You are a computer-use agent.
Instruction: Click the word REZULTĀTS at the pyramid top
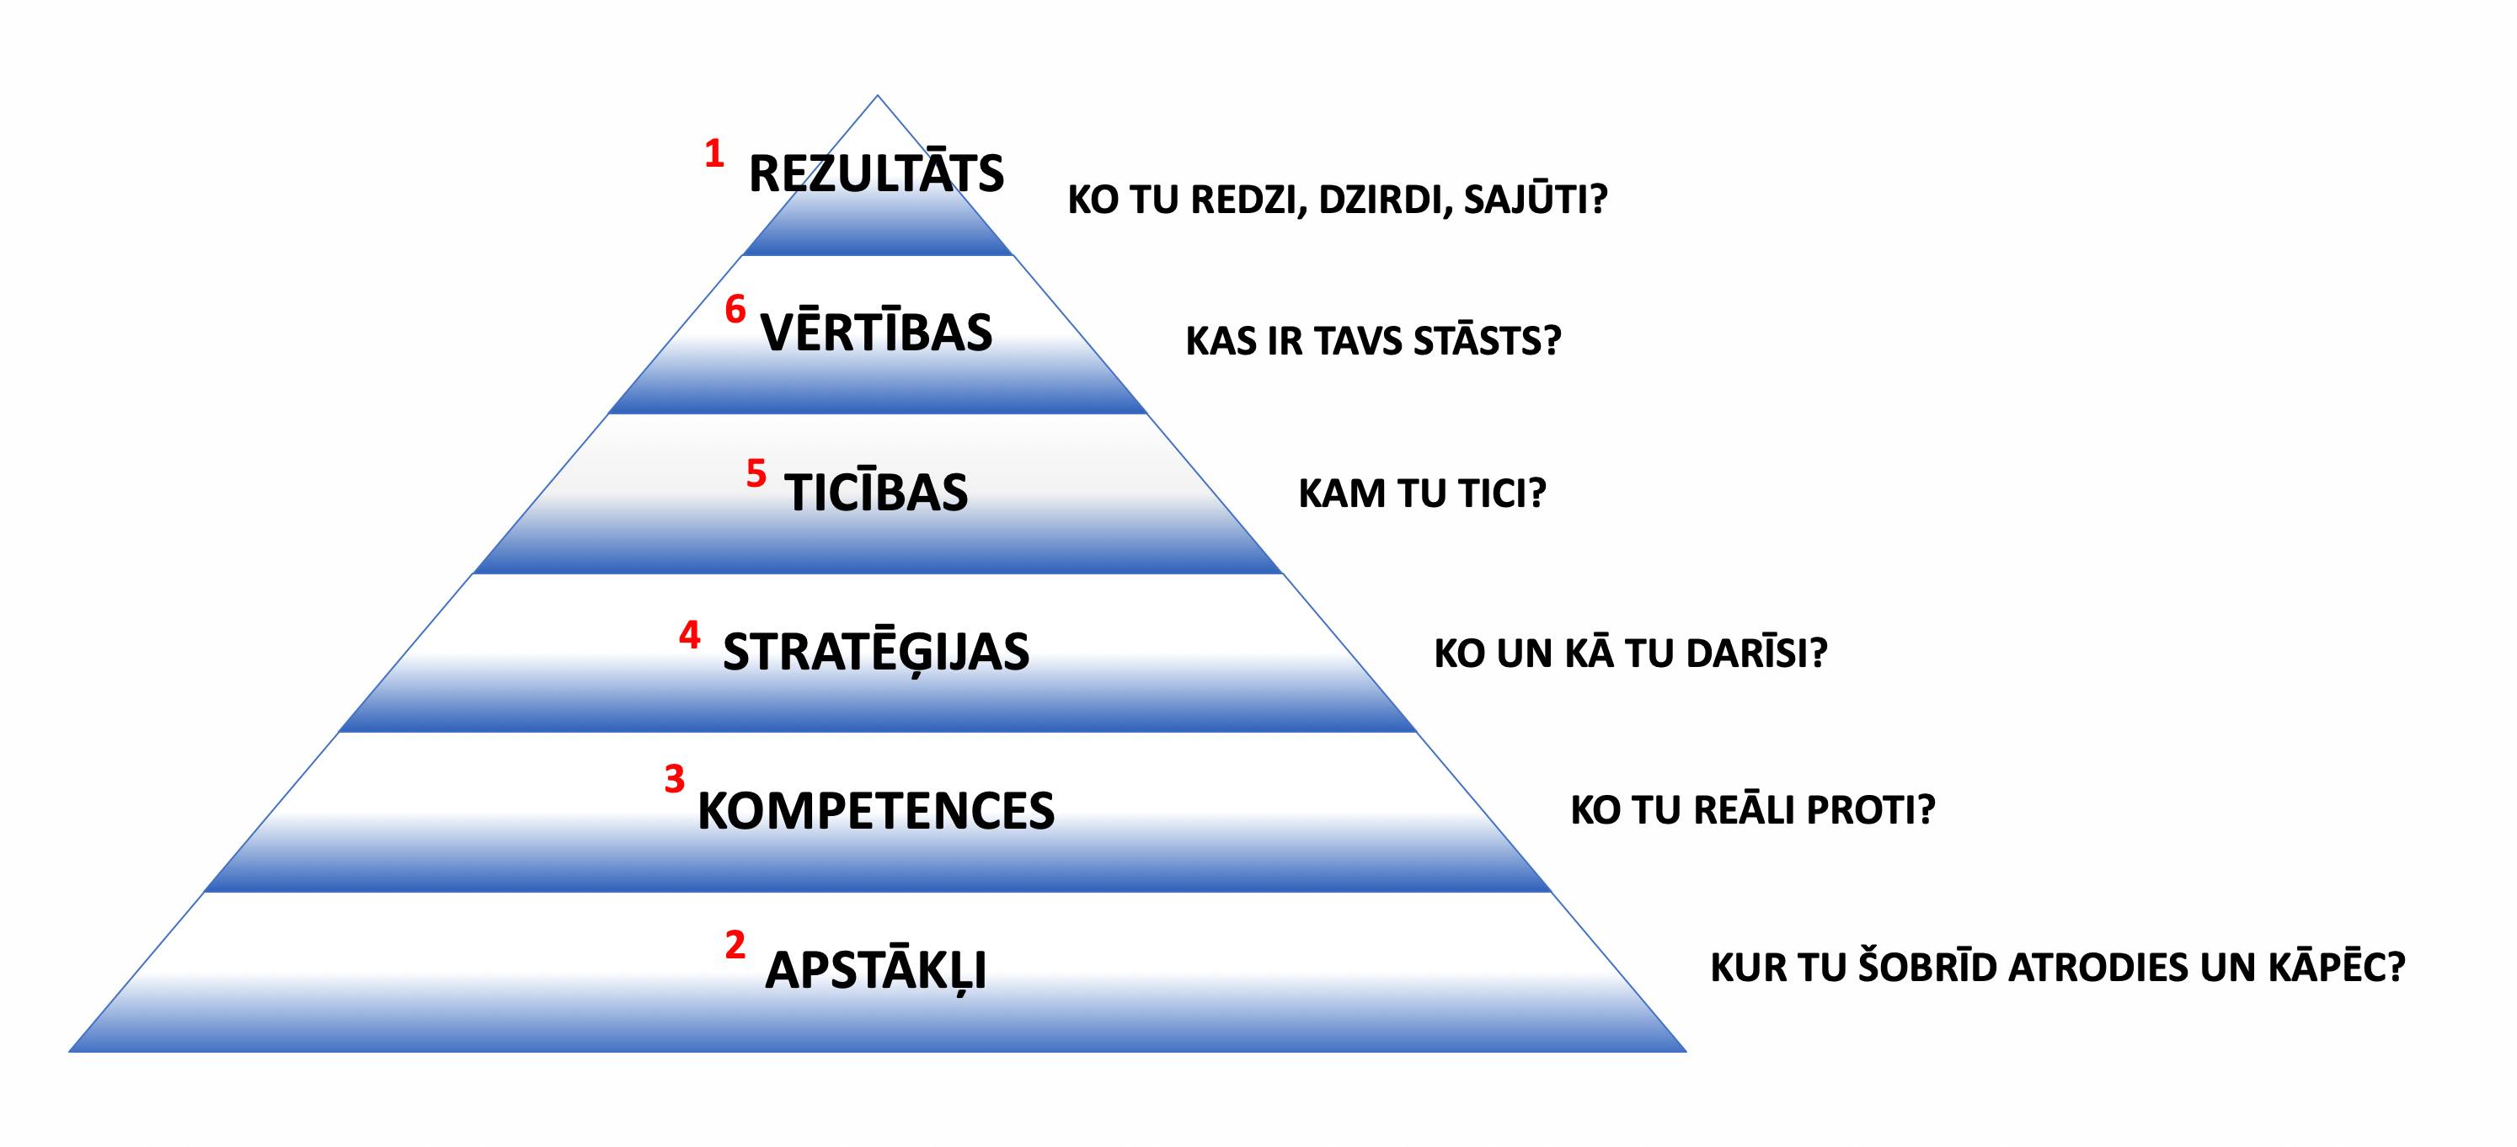point(875,172)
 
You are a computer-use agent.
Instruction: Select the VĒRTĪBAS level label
point(876,331)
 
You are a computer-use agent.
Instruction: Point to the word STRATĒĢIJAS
point(875,652)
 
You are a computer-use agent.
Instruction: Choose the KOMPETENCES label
point(875,810)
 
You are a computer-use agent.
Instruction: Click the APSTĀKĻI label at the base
point(875,969)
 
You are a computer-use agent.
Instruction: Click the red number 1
point(714,153)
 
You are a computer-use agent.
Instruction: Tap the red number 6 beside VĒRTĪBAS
point(735,310)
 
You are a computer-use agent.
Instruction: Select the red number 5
point(756,473)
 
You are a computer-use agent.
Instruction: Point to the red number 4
point(690,635)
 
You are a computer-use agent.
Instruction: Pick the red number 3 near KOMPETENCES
point(674,779)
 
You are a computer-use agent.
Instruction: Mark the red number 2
point(735,945)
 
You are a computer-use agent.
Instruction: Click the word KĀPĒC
point(2336,968)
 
